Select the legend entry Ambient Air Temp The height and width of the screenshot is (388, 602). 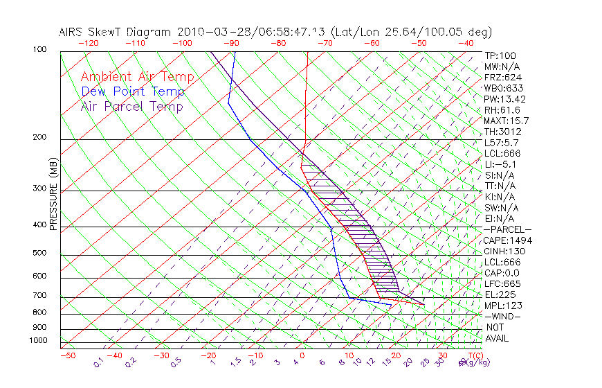point(137,77)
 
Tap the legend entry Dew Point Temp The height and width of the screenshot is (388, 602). point(133,91)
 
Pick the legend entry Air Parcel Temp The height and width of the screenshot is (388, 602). point(131,106)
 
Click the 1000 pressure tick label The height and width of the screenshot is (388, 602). point(38,340)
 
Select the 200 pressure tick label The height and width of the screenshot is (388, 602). point(40,137)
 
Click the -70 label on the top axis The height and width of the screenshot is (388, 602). point(324,43)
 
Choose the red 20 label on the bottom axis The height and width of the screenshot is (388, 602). point(395,355)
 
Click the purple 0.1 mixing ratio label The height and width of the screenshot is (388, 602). point(99,362)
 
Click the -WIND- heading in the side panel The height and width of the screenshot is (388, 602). point(503,316)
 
